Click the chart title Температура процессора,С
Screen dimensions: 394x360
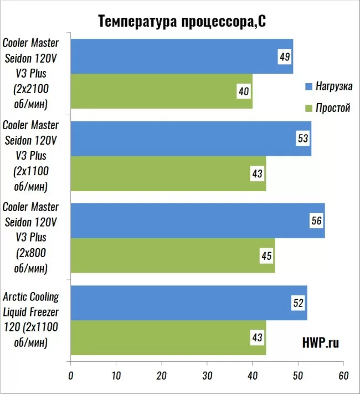(182, 21)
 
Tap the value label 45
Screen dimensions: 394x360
(266, 256)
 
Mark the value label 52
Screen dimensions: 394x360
(299, 303)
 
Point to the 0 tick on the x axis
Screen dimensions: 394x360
(70, 375)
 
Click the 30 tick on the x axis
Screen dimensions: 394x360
(207, 375)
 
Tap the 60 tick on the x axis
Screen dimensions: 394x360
(343, 375)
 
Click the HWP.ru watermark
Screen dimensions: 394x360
(321, 344)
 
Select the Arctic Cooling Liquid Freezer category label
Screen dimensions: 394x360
(30, 319)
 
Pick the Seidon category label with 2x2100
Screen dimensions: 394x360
(30, 73)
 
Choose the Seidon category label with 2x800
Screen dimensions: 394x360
(30, 237)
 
